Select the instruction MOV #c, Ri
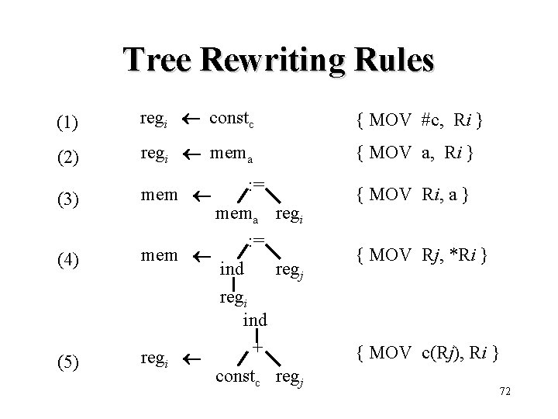418,121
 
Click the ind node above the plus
255,320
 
